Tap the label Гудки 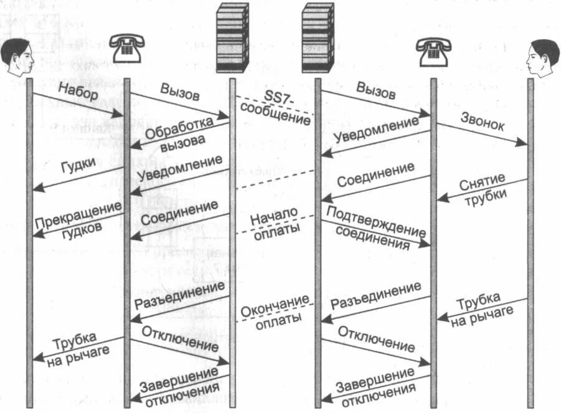click(78, 165)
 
